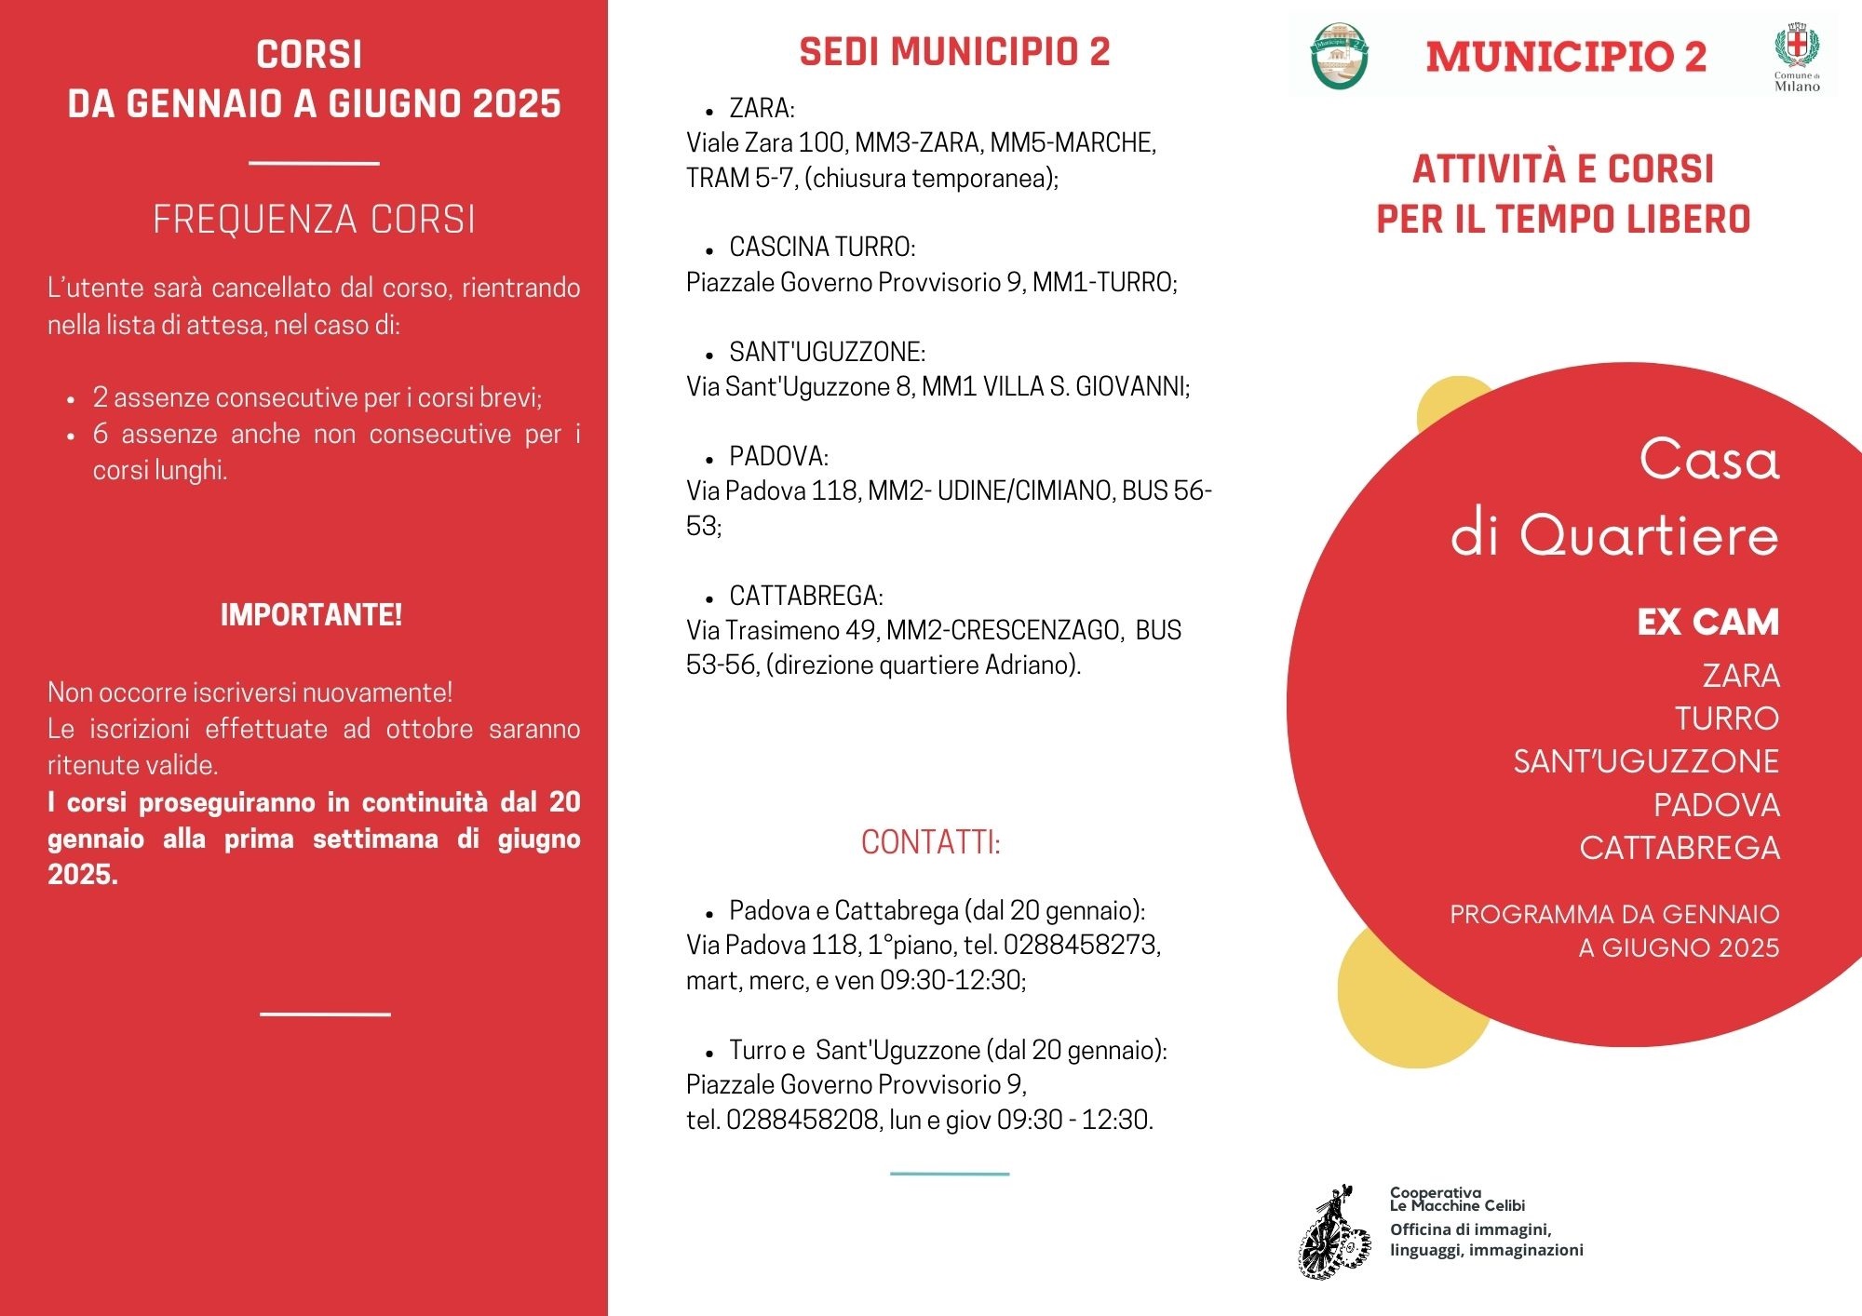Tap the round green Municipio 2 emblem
click(x=1339, y=56)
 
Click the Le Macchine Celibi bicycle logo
click(x=1335, y=1233)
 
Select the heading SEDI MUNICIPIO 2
click(x=954, y=52)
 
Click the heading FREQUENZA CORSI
click(x=314, y=220)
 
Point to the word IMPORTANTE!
click(x=311, y=615)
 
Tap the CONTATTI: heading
click(x=930, y=842)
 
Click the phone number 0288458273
click(x=1080, y=945)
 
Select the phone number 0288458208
click(x=803, y=1120)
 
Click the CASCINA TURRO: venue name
click(x=822, y=247)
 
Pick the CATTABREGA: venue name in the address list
click(x=806, y=596)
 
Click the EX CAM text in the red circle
click(x=1707, y=622)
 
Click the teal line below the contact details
click(x=949, y=1174)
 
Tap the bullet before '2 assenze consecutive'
click(x=71, y=399)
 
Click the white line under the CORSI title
click(x=314, y=163)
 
